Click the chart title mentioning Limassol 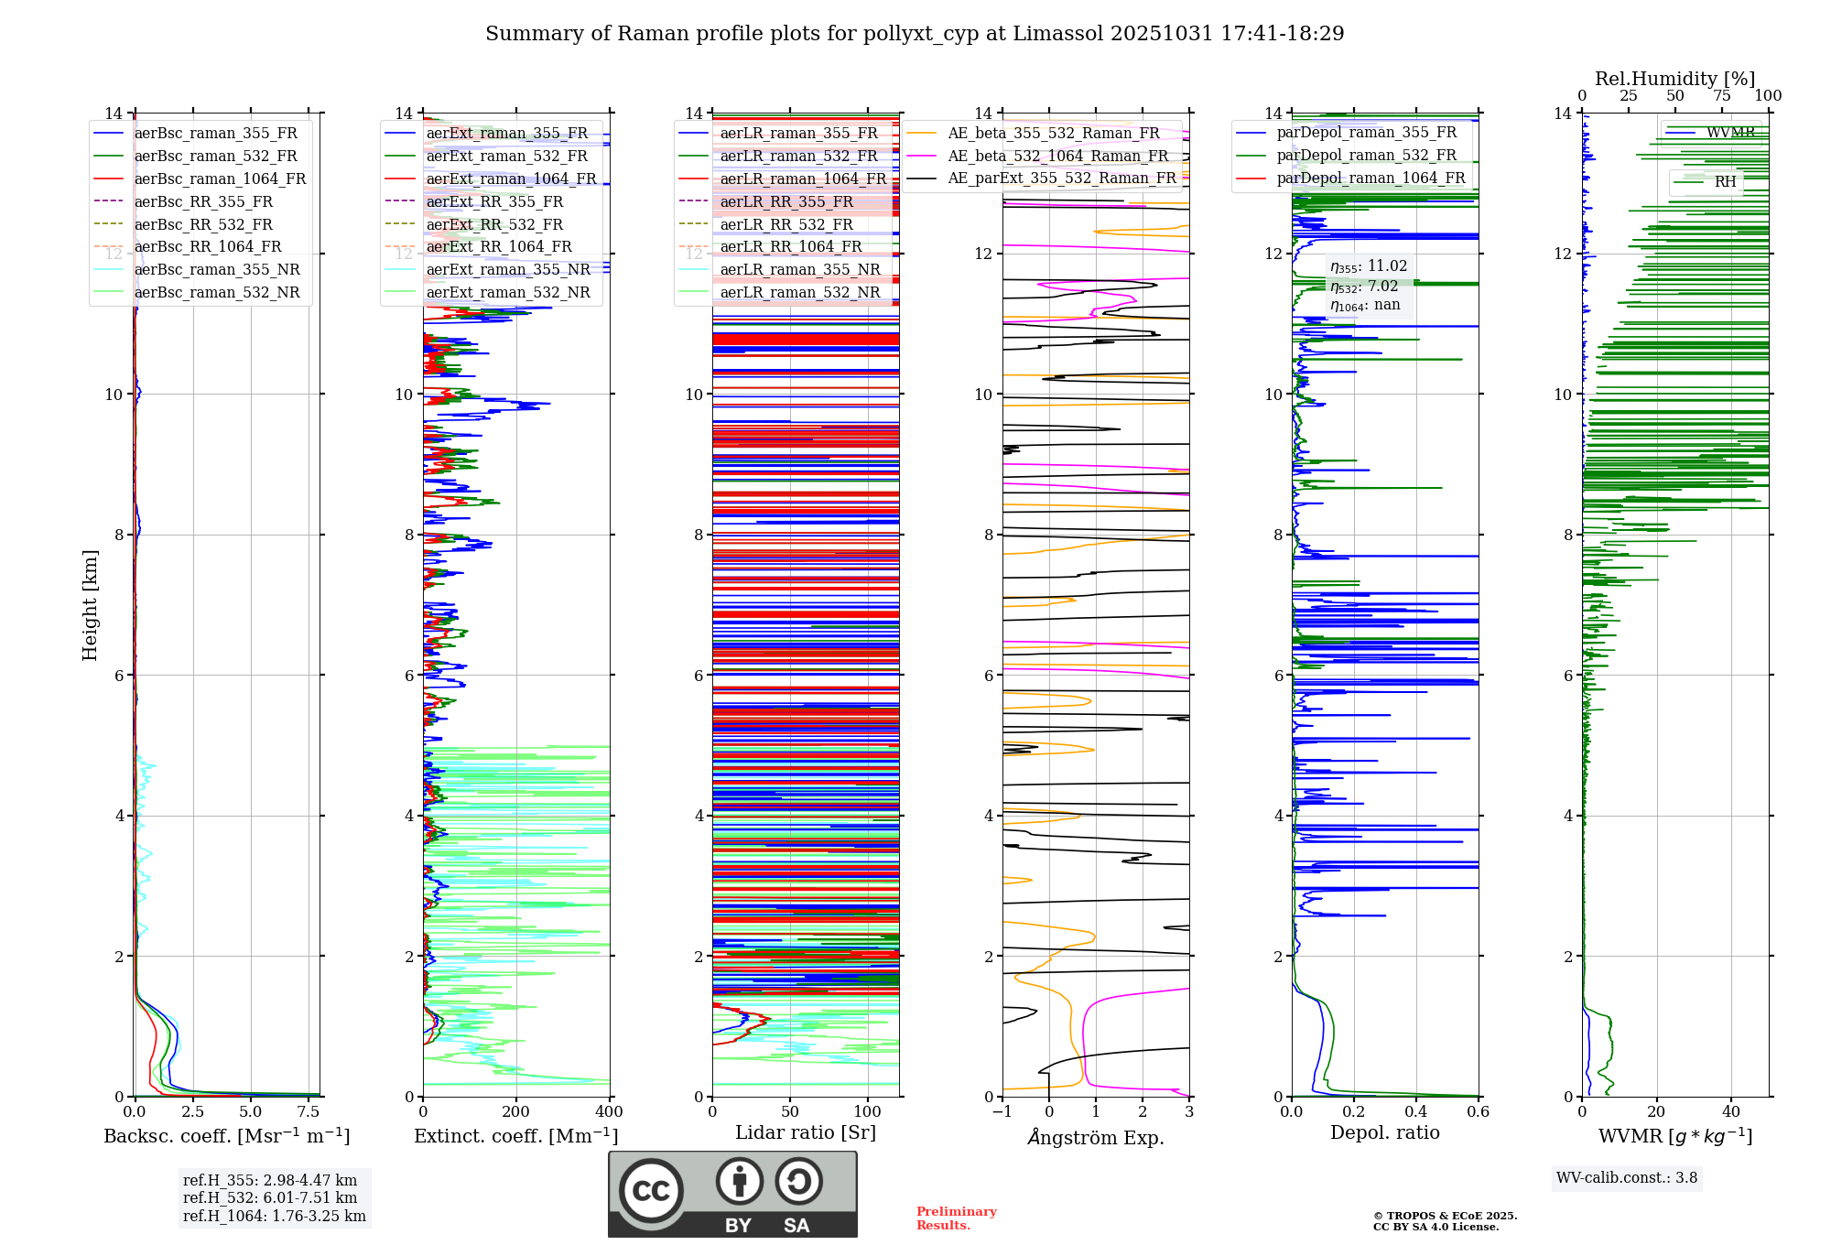915,34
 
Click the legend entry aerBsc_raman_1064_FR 220,179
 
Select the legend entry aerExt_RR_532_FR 494,224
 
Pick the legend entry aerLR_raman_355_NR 799,269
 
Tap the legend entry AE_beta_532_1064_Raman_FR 1057,156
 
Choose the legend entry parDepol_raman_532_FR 1366,156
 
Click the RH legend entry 1725,181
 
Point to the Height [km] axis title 90,605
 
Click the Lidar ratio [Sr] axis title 806,1132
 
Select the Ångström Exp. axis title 1096,1137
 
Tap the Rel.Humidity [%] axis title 1674,79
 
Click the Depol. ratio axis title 1384,1132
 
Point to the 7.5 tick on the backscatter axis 309,1111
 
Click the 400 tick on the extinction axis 609,1111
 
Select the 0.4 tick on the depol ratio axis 1416,1111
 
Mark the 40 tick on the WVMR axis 1730,1111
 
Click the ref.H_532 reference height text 270,1197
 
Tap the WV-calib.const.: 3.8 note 1627,1177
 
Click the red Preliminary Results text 956,1218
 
